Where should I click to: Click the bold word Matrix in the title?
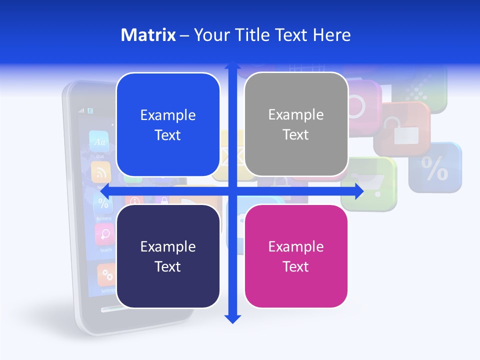pos(148,35)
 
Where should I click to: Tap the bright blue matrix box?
pos(168,125)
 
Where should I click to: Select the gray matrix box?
pos(296,124)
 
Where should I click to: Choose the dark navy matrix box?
pos(168,256)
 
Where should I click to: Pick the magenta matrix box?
pos(296,256)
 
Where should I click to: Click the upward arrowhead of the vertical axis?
pos(232,66)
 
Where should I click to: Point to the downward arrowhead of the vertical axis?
pos(232,319)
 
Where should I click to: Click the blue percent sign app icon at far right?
pos(435,168)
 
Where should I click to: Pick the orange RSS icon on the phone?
pos(101,173)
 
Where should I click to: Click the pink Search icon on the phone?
pos(104,233)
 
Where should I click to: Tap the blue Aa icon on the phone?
pos(98,141)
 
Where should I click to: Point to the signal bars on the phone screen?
pos(81,110)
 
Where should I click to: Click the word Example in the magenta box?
pos(296,246)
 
